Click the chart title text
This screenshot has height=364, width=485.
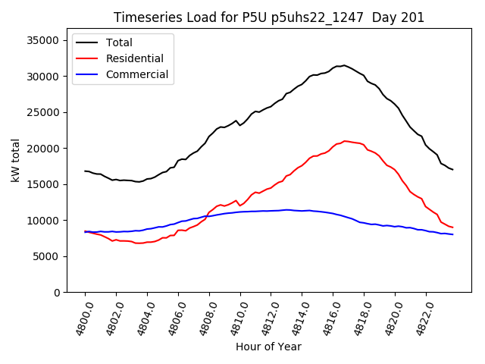[269, 17]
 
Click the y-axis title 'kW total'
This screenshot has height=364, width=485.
[16, 161]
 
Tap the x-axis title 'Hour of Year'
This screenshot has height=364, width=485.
[268, 347]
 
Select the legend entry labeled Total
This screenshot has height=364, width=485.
[119, 42]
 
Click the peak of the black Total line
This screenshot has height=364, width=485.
[344, 65]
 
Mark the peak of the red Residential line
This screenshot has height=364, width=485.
[345, 141]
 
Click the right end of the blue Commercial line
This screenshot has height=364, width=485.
[452, 234]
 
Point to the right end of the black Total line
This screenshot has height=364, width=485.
[452, 169]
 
